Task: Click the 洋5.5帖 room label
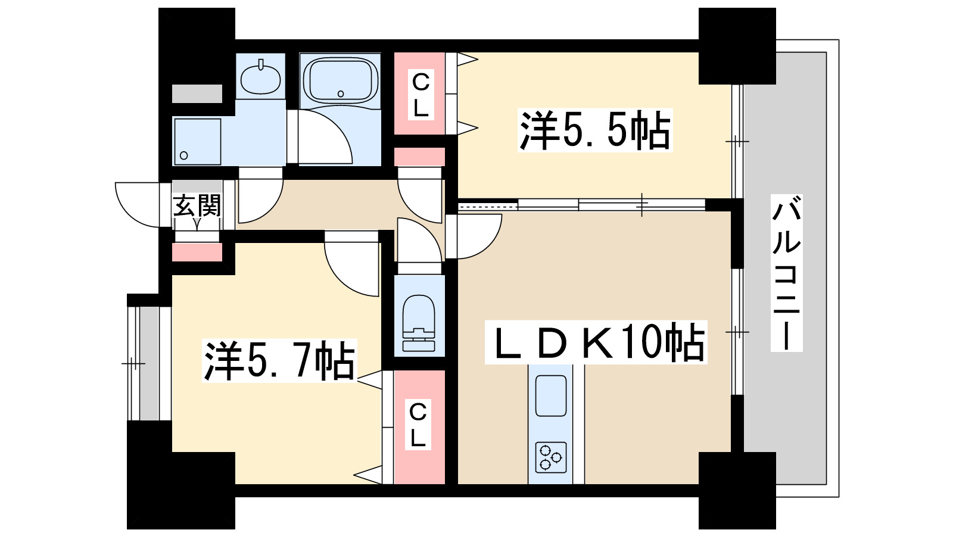[x=595, y=130]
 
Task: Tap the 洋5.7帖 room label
[x=279, y=361]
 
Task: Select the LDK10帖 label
[x=596, y=342]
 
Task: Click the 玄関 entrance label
[x=197, y=205]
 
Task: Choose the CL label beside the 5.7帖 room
[x=418, y=425]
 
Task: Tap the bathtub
[x=340, y=80]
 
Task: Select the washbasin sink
[x=261, y=77]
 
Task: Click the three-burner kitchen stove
[x=550, y=457]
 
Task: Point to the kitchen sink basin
[x=550, y=395]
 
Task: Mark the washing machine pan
[x=197, y=141]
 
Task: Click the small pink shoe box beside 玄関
[x=197, y=252]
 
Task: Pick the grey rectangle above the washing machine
[x=197, y=94]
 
